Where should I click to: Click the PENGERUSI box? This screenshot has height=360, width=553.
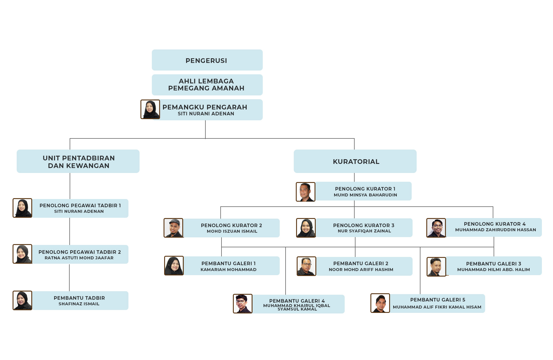[207, 60]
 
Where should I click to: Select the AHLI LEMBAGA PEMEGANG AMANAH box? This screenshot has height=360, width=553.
[207, 85]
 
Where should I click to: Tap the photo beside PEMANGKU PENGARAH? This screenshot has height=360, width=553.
[150, 109]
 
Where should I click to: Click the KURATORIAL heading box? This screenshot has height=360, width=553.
[355, 162]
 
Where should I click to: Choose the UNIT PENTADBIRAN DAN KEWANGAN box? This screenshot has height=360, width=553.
[78, 162]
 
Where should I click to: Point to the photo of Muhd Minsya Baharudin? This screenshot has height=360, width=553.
[305, 192]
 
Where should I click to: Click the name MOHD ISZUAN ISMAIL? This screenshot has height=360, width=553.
[232, 231]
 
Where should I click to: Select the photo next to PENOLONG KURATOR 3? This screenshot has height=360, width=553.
[306, 228]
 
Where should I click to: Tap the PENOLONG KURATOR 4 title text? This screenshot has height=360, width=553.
[494, 224]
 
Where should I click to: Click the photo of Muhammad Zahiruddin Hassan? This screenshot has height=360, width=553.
[436, 228]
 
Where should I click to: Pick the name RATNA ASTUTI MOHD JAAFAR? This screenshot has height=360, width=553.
[79, 258]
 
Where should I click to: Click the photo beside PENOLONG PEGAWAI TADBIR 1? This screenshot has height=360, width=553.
[22, 208]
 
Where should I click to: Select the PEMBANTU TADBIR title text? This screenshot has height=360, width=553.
[79, 298]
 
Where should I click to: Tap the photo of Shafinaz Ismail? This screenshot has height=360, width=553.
[22, 300]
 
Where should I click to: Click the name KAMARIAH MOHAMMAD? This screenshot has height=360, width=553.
[229, 270]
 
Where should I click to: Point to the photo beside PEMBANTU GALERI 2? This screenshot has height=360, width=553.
[306, 266]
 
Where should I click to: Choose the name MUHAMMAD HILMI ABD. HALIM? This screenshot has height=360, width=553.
[493, 270]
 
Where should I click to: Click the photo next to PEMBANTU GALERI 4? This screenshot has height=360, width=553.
[243, 304]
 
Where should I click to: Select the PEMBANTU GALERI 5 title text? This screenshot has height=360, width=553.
[437, 300]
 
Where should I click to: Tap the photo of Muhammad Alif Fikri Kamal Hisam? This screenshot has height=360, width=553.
[380, 303]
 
